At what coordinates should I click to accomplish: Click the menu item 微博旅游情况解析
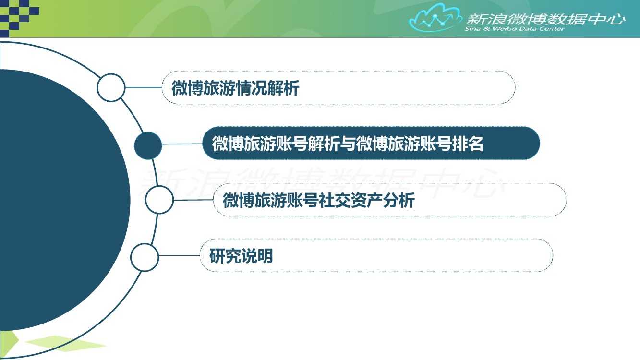[x=235, y=88]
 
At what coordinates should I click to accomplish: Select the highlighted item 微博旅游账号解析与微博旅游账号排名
[x=348, y=144]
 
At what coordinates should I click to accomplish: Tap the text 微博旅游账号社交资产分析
[x=319, y=200]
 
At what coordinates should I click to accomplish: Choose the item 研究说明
[x=241, y=255]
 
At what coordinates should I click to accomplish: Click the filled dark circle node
[x=148, y=145]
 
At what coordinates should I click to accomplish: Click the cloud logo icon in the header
[x=435, y=18]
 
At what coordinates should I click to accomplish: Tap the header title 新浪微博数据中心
[x=546, y=19]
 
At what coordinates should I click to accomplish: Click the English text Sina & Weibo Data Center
[x=514, y=29]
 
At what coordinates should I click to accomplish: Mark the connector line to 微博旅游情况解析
[x=144, y=87]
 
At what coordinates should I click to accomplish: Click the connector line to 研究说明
[x=179, y=255]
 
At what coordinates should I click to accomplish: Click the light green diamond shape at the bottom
[x=66, y=343]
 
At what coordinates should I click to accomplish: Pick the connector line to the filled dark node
[x=182, y=144]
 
